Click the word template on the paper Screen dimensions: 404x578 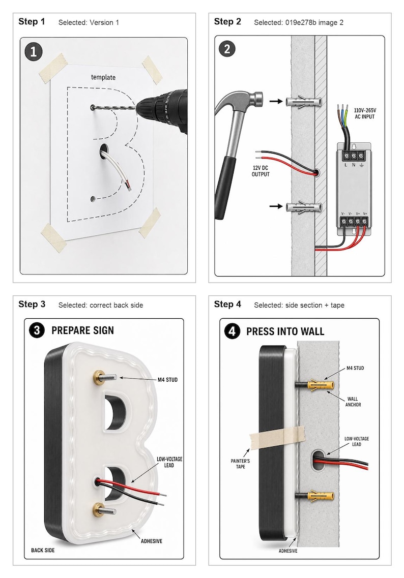click(103, 77)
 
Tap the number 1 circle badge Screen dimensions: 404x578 click(34, 52)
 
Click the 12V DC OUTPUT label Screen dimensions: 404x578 click(261, 171)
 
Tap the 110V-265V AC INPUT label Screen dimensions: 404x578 click(364, 113)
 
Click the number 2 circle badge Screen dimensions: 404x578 click(227, 49)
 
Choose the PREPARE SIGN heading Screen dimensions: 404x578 click(82, 330)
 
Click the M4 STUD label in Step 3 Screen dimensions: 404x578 click(167, 380)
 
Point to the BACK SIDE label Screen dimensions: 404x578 click(43, 550)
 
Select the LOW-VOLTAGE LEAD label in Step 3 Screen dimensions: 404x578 click(169, 462)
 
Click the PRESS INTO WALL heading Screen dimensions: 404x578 click(285, 331)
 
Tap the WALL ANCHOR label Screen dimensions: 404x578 click(353, 402)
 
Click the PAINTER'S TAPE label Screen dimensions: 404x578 click(240, 464)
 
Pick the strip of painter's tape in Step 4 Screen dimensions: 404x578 click(277, 437)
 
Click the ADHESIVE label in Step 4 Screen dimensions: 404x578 click(288, 551)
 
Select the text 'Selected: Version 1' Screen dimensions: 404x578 click(89, 22)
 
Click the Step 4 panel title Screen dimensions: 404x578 click(227, 304)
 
